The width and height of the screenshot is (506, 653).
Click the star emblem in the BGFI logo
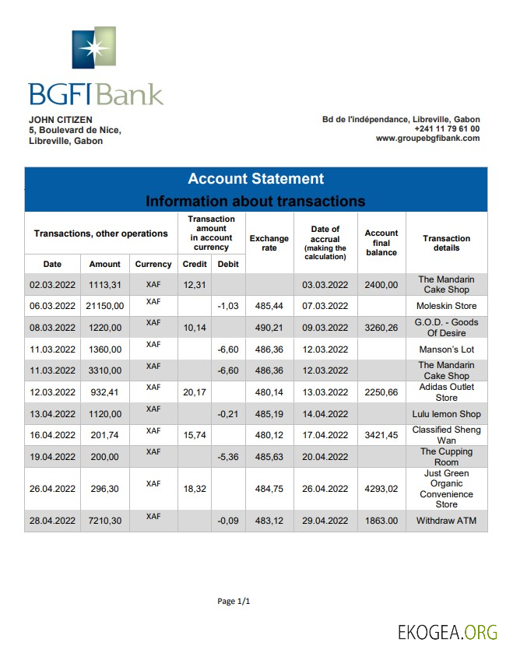point(94,48)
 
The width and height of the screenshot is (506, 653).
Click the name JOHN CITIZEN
point(61,119)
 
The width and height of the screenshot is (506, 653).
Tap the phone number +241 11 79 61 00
point(446,128)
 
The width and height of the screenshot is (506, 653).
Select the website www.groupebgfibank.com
point(427,139)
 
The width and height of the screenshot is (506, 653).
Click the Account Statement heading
point(255,179)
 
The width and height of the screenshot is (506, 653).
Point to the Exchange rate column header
point(269,243)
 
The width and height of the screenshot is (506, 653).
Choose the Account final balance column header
point(381,243)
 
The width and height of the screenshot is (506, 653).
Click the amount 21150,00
point(104,306)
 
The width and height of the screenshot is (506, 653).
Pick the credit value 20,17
point(194,392)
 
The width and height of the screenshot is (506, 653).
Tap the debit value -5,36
point(227,457)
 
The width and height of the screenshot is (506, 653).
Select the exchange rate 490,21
point(269,328)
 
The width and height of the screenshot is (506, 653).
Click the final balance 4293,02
point(381,489)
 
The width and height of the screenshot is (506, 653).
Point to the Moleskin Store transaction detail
point(446,306)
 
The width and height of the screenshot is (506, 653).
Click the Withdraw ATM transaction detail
point(446,521)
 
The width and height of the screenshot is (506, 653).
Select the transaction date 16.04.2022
point(52,435)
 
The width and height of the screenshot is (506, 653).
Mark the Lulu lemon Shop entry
point(446,414)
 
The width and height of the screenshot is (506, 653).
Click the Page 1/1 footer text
point(234,601)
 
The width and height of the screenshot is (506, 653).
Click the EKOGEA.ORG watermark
point(448,630)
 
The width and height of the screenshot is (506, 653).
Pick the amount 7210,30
point(104,521)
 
